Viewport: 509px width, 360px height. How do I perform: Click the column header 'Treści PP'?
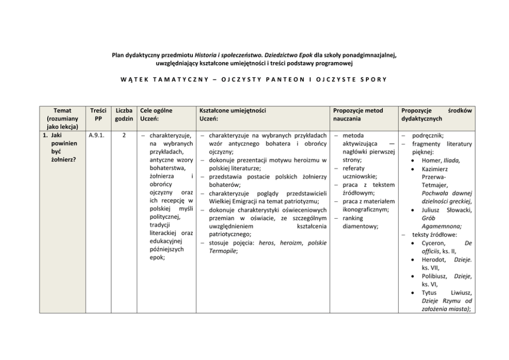pyautogui.click(x=98, y=115)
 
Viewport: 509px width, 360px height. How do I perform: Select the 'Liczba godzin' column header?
pyautogui.click(x=124, y=115)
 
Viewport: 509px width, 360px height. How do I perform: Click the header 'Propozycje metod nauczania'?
pyautogui.click(x=358, y=115)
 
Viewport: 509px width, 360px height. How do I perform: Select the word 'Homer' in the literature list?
pyautogui.click(x=431, y=160)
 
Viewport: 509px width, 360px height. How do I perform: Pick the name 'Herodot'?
pyautogui.click(x=434, y=259)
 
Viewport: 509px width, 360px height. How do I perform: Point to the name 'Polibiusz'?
pyautogui.click(x=435, y=276)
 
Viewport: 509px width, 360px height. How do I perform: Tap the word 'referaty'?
pyautogui.click(x=353, y=168)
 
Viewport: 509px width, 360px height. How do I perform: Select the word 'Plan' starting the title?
pyautogui.click(x=119, y=54)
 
